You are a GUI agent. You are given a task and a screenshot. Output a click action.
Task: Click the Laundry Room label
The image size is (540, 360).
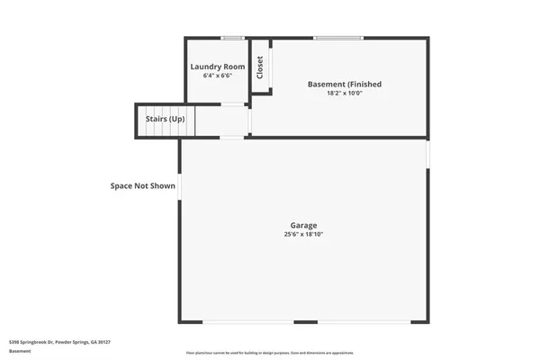(216, 67)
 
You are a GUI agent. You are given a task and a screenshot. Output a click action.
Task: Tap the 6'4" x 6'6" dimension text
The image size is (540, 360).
(216, 76)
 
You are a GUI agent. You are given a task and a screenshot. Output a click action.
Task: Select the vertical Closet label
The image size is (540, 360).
(260, 67)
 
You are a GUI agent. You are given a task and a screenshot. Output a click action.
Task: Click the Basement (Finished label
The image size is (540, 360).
(344, 84)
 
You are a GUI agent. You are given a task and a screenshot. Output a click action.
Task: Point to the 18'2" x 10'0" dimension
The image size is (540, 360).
(344, 93)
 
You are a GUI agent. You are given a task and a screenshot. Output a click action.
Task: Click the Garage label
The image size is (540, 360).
(303, 225)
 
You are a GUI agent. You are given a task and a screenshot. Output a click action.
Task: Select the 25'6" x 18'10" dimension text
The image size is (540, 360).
(303, 234)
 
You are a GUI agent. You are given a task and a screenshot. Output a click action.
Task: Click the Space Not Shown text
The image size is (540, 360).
(142, 186)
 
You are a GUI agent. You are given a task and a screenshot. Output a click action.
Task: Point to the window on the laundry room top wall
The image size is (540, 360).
(233, 38)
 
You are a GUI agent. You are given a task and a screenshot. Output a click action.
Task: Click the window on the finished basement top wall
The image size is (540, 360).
(338, 38)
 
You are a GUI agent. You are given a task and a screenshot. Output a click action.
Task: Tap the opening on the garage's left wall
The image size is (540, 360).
(180, 186)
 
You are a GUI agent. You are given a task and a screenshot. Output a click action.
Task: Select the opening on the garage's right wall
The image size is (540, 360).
(428, 153)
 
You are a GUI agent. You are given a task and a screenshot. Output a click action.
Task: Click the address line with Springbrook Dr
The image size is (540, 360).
(59, 342)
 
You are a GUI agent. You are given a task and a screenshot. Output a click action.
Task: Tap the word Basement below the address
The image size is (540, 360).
(20, 352)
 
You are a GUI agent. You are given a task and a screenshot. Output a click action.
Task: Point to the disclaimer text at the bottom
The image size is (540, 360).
(270, 353)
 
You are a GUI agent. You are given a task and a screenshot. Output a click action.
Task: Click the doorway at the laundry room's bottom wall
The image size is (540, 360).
(233, 106)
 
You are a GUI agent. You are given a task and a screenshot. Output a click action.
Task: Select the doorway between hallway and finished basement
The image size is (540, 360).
(249, 121)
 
